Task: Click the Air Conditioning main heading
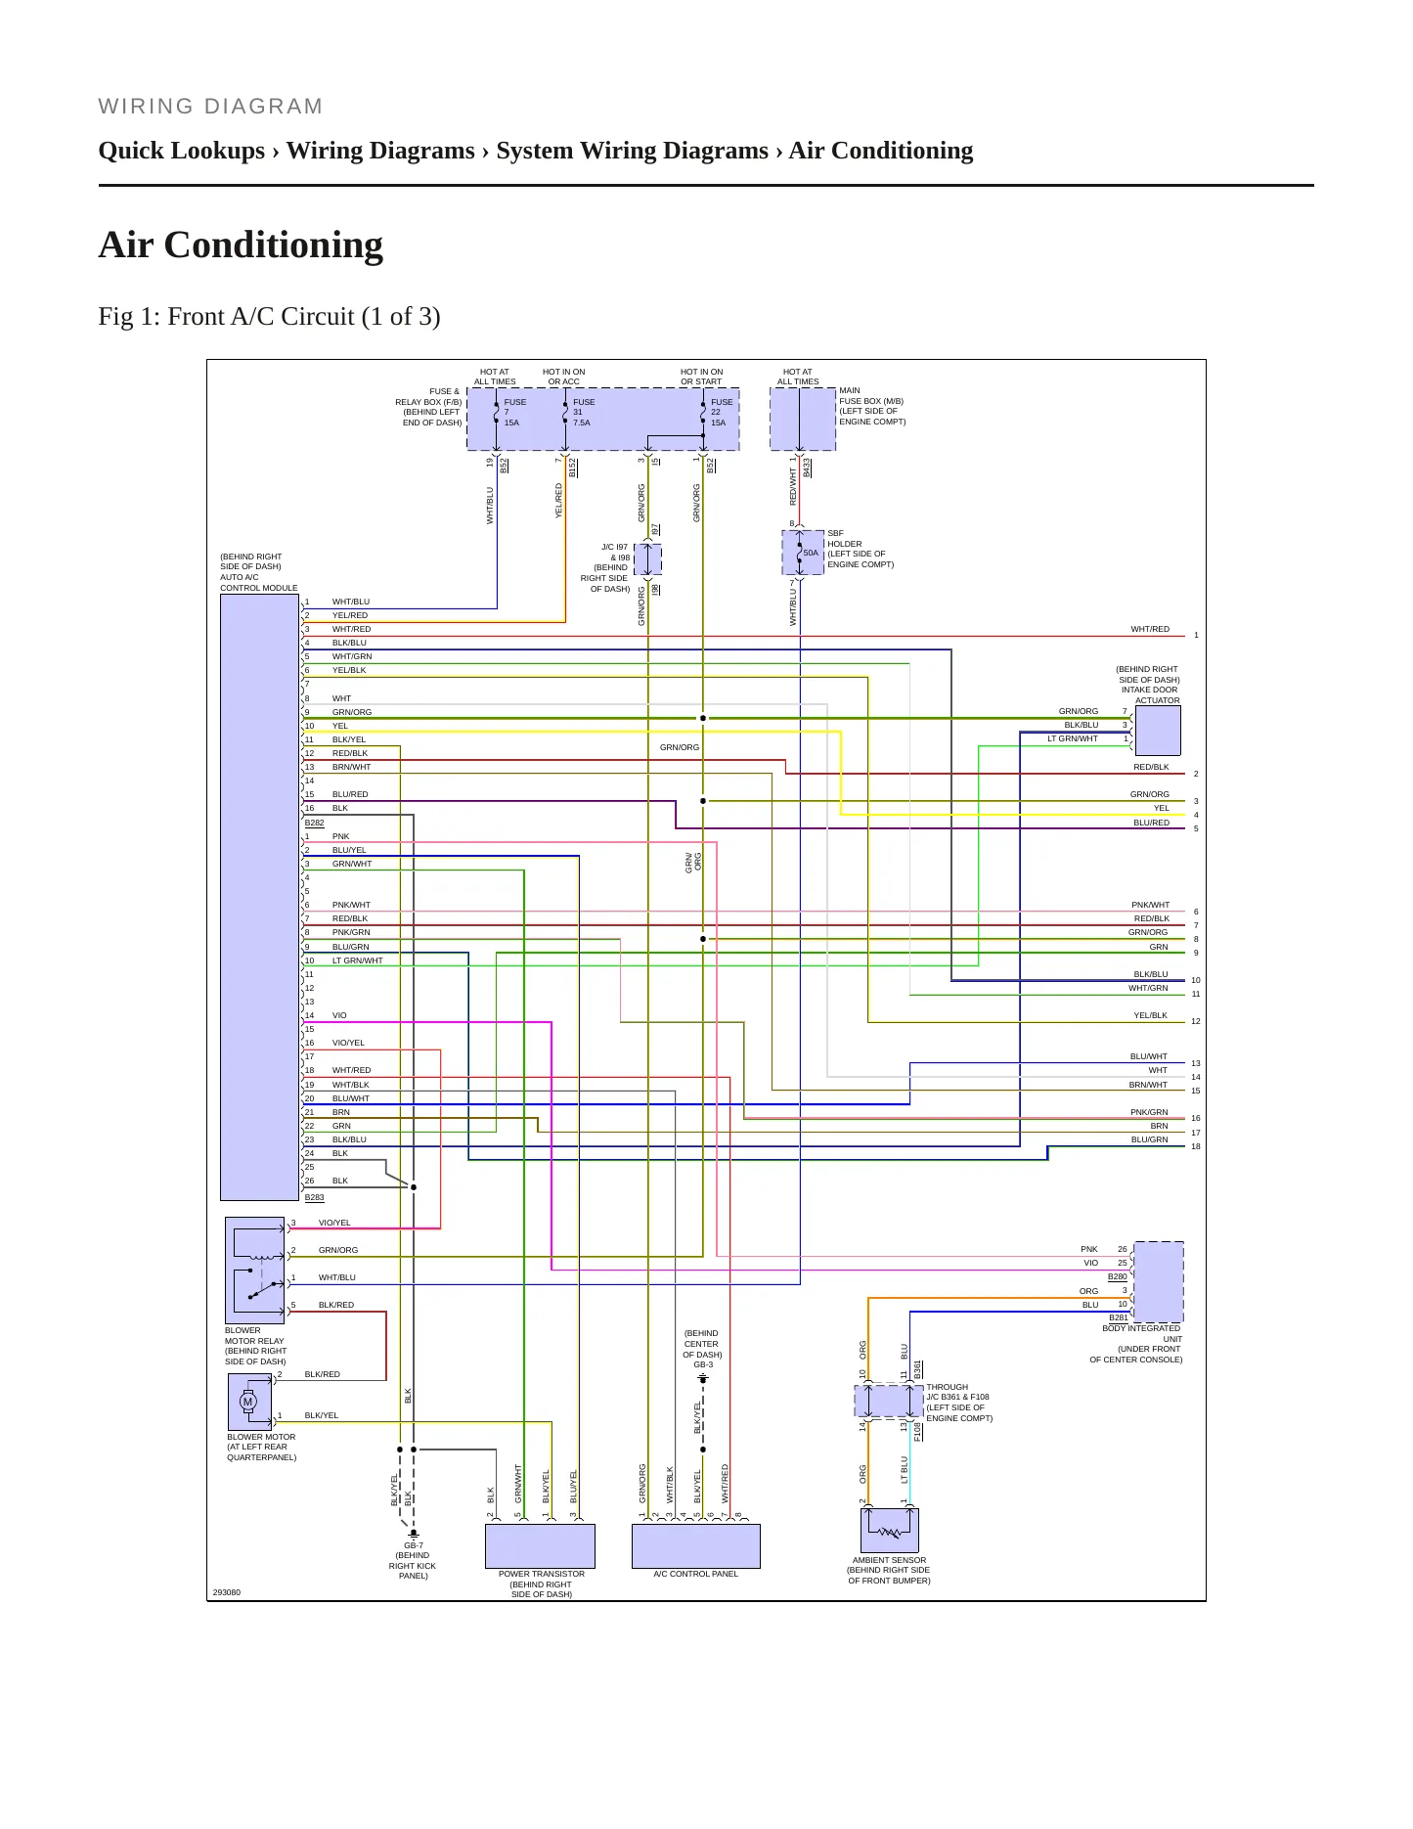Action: (x=241, y=245)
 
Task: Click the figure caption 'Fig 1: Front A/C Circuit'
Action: (x=269, y=317)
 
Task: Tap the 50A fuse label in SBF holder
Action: (x=811, y=553)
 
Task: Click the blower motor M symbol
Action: (x=247, y=1402)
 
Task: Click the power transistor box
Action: (x=540, y=1546)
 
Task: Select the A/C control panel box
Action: (x=696, y=1546)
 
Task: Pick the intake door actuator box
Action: (x=1158, y=730)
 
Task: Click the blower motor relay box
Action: (x=255, y=1271)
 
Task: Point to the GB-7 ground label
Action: (x=414, y=1545)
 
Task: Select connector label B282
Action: (x=314, y=823)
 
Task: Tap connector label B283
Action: (x=314, y=1197)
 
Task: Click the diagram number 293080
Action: (x=226, y=1592)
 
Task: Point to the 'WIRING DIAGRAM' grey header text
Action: (x=210, y=107)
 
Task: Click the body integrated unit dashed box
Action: (x=1158, y=1281)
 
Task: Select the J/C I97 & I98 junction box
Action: (x=648, y=559)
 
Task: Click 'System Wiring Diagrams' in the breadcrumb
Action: (x=632, y=151)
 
